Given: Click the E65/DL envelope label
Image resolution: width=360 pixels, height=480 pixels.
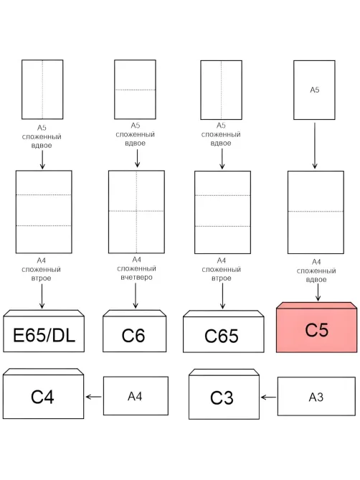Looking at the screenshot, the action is point(44,335).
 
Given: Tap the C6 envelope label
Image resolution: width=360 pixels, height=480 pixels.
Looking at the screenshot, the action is point(133,336).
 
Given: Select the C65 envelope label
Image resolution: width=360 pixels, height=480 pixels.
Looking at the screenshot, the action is point(222,336).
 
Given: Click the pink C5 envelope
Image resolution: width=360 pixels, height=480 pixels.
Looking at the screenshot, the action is point(316,327).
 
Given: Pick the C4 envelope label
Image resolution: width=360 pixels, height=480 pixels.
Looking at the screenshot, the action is point(42,397).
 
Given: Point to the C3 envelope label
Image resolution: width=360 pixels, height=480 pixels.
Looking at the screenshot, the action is point(222,397).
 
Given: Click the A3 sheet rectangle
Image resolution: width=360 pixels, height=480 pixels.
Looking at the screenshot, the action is point(316,396).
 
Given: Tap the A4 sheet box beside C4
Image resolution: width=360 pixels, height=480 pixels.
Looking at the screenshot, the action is point(136,396).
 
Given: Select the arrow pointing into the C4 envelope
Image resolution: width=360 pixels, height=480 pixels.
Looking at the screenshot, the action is point(94,397).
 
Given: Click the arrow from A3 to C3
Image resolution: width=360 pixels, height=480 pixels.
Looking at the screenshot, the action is point(268,397).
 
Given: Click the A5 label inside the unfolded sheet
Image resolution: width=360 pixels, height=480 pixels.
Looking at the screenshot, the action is point(314,90).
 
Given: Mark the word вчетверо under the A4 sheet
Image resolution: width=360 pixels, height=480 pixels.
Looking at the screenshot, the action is point(136,278).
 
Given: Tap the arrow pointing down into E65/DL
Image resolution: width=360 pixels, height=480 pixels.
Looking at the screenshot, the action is point(42,296).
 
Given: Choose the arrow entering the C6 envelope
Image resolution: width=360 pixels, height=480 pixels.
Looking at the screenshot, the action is point(136,296).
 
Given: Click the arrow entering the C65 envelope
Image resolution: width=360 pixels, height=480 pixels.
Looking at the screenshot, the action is point(222,296).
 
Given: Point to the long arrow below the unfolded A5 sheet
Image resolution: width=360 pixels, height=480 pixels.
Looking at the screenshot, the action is point(315,146).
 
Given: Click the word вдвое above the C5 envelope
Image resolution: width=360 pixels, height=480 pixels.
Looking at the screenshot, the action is point(316,280).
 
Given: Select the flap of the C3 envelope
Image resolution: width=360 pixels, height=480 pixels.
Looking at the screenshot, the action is point(224,372).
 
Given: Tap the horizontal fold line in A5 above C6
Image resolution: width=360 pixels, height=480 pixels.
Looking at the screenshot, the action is point(135,90).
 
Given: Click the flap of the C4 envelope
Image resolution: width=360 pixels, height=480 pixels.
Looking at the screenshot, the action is point(43,372).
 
